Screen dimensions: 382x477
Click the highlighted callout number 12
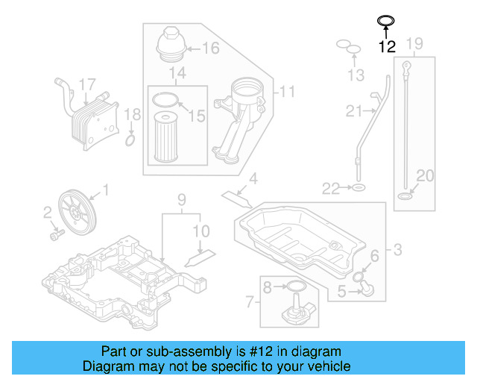click(386, 47)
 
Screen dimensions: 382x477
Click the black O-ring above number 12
click(385, 20)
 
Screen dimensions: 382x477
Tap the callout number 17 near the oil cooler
click(87, 84)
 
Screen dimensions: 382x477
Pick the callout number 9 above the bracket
click(180, 200)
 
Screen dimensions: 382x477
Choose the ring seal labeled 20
click(405, 197)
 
